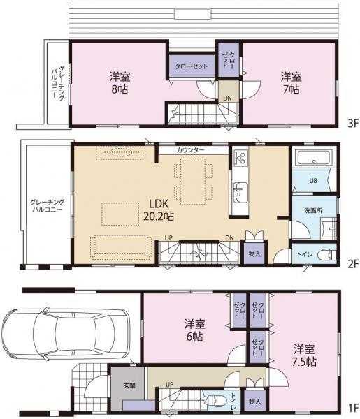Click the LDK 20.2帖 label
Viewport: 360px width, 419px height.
click(x=159, y=209)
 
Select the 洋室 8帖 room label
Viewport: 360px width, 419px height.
click(x=118, y=82)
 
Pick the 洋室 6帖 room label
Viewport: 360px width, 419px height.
click(x=194, y=330)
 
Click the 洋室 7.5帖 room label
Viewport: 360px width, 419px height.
click(x=304, y=355)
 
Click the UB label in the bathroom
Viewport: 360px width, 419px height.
click(x=313, y=180)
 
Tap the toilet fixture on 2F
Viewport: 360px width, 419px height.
click(x=324, y=254)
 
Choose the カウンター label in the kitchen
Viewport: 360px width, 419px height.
click(x=190, y=150)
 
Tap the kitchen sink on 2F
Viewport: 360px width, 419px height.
click(x=239, y=189)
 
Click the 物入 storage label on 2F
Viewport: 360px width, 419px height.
click(x=254, y=254)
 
